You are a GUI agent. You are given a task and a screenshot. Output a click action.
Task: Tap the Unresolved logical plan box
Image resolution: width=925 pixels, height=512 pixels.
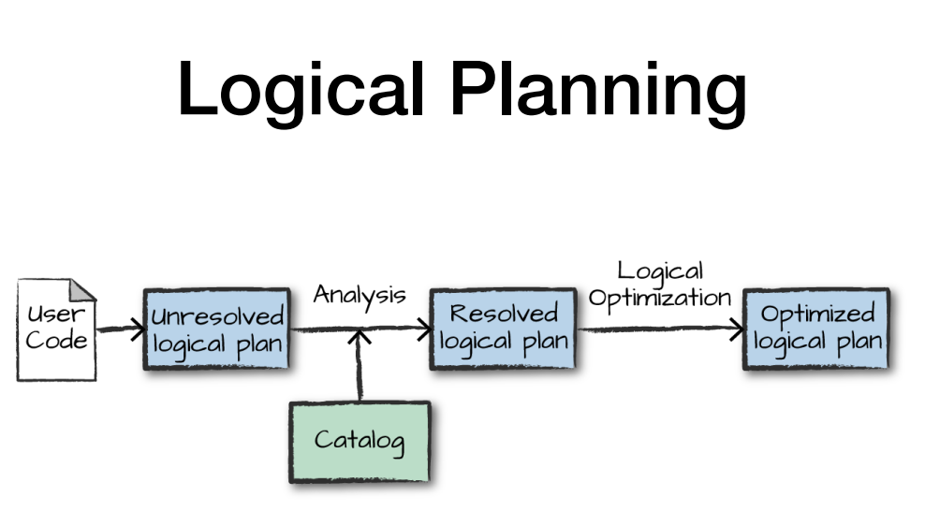click(216, 329)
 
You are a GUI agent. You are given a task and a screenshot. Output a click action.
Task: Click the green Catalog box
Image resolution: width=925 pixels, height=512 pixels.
click(360, 441)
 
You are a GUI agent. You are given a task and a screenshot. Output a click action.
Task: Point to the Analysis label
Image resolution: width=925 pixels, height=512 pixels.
click(360, 295)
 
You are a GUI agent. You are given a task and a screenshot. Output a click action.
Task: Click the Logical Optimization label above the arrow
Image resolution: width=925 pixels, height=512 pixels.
click(659, 285)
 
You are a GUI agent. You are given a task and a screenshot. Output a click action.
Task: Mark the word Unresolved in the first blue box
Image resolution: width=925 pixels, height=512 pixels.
click(217, 316)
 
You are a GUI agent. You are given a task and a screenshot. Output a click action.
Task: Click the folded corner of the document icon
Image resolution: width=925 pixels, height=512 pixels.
click(84, 289)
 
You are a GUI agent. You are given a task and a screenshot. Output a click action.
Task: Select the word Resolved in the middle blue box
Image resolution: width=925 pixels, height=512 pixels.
click(504, 314)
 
